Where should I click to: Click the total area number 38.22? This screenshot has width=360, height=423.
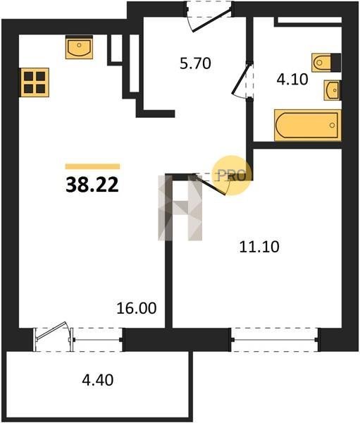click(x=92, y=185)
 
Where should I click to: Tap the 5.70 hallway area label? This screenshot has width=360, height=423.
click(x=195, y=63)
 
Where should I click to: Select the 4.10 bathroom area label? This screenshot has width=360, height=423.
click(x=292, y=80)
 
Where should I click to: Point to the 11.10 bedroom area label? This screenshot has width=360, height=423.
click(x=259, y=247)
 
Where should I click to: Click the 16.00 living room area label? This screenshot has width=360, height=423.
click(x=137, y=308)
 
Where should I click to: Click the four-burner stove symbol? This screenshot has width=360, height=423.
click(x=34, y=82)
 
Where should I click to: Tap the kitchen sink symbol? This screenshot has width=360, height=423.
click(x=80, y=47)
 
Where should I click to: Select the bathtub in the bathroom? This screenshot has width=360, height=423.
click(x=308, y=125)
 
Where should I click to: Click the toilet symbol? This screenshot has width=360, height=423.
click(x=326, y=63)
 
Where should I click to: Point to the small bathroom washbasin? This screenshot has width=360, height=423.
click(x=332, y=90)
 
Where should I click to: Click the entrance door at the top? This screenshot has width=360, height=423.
click(x=211, y=20)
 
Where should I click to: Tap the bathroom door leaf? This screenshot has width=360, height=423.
click(x=240, y=78)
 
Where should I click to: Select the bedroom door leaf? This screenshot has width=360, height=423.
click(x=211, y=185)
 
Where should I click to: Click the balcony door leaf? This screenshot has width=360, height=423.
click(x=51, y=331)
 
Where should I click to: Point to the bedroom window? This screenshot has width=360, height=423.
click(x=275, y=339)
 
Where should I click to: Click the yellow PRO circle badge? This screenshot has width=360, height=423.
click(x=232, y=176)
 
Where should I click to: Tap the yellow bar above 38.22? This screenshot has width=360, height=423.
click(x=92, y=166)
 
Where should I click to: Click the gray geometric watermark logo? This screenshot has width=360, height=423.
click(x=180, y=207)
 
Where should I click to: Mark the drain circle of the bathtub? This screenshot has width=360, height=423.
click(x=333, y=125)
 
